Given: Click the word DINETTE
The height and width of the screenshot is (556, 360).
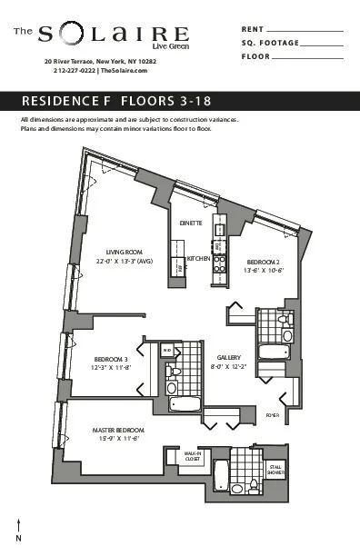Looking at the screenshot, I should (190, 223).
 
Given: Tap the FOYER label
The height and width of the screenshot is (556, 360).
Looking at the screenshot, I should (271, 414).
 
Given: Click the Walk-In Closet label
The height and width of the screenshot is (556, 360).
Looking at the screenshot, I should (192, 456).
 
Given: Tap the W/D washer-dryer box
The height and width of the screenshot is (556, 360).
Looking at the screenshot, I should (167, 349).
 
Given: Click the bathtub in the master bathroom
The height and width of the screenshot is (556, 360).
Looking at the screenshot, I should (222, 474).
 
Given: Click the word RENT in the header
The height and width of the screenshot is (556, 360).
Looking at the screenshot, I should (253, 30).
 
